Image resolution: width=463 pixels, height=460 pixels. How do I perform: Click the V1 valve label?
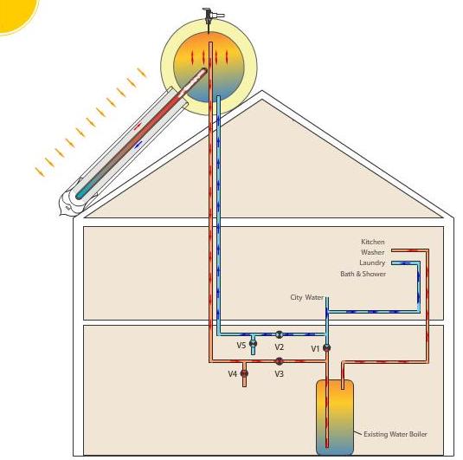315,349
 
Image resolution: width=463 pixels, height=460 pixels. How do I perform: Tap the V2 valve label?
279,347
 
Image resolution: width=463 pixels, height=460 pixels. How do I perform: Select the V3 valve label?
279,374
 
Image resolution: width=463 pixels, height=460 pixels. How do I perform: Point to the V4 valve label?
233,374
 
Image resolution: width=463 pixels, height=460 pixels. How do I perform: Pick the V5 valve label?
241,345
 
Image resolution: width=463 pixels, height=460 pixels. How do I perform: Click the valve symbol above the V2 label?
279,334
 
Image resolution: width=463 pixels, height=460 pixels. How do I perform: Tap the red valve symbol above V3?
279,361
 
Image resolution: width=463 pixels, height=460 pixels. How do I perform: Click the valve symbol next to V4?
244,373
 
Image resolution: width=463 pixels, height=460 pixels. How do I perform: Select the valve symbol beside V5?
253,343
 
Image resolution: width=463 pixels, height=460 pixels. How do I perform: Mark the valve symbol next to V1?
326,347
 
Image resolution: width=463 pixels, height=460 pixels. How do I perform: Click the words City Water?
307,297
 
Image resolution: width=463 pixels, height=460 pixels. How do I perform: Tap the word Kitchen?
373,242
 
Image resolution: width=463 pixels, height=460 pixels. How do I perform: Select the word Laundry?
372,262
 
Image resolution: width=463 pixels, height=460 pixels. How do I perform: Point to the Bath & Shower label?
363,274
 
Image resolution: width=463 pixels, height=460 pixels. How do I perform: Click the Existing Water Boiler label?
395,434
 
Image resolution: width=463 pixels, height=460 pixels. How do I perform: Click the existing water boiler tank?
335,417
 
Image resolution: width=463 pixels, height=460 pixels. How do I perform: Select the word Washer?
373,252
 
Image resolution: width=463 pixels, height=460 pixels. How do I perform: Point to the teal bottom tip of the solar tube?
80,196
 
